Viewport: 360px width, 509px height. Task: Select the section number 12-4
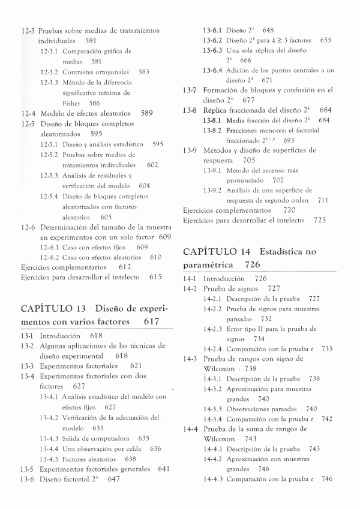[x=28, y=113]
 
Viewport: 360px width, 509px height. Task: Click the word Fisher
[x=71, y=103]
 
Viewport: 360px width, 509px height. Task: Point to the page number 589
[x=146, y=113]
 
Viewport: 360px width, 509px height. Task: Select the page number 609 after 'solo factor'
[x=165, y=237]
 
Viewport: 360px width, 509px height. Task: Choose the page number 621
[x=136, y=366]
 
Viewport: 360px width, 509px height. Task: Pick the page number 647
[x=114, y=480]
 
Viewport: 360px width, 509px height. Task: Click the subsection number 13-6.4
[x=212, y=70]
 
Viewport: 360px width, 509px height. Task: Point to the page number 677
[x=249, y=100]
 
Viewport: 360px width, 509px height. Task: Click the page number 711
[x=323, y=200]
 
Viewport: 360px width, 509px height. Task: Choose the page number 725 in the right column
[x=319, y=220]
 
